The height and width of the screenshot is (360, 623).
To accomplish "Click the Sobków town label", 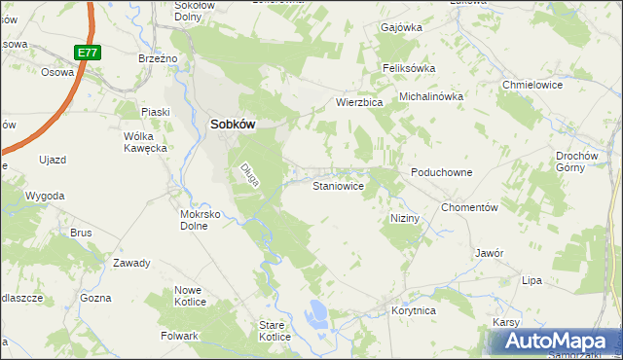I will pyautogui.click(x=234, y=125).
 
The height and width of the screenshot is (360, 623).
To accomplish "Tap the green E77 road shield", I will pyautogui.click(x=86, y=52).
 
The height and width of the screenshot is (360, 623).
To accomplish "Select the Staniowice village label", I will pyautogui.click(x=338, y=185).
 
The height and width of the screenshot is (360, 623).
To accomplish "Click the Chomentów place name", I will pyautogui.click(x=469, y=207).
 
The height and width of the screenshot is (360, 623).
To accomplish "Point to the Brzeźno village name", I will pyautogui.click(x=158, y=58).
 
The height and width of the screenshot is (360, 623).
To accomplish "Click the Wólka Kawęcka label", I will pyautogui.click(x=146, y=142).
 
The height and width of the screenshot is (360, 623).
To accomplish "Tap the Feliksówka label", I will pyautogui.click(x=408, y=68).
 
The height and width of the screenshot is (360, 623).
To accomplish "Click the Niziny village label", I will pyautogui.click(x=404, y=218).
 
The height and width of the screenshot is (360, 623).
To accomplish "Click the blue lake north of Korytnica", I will pyautogui.click(x=315, y=313).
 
